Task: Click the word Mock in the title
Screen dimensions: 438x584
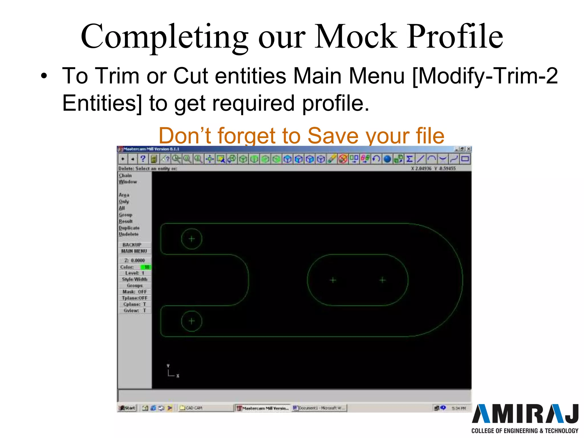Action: point(356,37)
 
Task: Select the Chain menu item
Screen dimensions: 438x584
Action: point(125,175)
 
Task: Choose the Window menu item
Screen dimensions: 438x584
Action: point(128,182)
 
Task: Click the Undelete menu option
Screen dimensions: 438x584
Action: point(129,234)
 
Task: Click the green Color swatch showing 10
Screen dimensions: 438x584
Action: point(146,267)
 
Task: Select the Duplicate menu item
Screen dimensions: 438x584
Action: point(129,228)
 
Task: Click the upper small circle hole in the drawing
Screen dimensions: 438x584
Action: point(192,239)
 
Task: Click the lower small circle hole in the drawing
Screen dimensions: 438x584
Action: point(192,321)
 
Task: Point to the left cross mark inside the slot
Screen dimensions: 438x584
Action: point(333,280)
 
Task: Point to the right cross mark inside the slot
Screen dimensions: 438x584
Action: point(382,280)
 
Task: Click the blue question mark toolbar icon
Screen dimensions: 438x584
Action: point(143,159)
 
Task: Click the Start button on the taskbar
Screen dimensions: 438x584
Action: point(127,408)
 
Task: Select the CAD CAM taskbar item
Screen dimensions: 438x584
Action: point(194,408)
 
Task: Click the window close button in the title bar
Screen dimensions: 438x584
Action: point(469,149)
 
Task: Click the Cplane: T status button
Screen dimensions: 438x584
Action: point(135,304)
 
